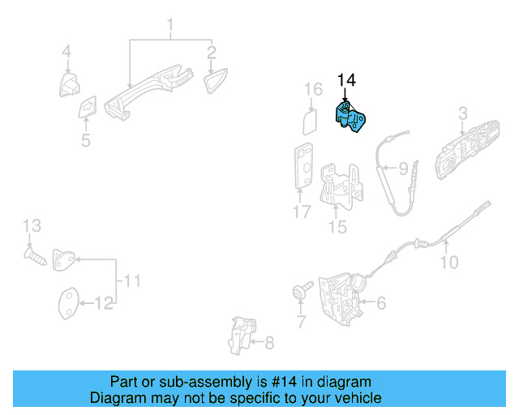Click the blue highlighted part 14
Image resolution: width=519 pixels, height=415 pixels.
coord(350,118)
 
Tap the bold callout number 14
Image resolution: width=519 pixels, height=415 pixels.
coord(346,80)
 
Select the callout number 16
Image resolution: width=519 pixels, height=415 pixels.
coord(313,89)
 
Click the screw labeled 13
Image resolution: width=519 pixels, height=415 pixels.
coord(35,256)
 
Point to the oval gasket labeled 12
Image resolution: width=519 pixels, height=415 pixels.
coord(69,303)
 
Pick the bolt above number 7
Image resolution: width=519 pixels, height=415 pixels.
coord(302,290)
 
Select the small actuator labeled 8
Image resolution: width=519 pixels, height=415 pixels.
coord(242,336)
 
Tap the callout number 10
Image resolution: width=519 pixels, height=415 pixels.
coord(449,262)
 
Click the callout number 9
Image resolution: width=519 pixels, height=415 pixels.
coord(404,169)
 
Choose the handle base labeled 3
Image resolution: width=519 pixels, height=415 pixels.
coord(467,150)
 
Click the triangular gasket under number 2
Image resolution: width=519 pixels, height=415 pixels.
coord(216,81)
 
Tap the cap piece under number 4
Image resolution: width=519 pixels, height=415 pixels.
coord(70,85)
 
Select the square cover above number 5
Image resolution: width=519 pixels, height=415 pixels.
coord(88,107)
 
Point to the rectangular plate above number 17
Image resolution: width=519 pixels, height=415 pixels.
coord(304,165)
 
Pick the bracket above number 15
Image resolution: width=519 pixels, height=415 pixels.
coord(341,186)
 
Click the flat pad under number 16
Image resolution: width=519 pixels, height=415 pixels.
coord(310,122)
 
